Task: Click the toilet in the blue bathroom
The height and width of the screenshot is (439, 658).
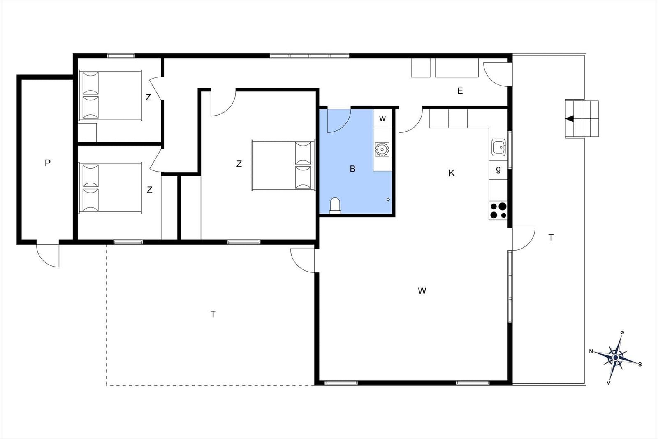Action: [x=336, y=205]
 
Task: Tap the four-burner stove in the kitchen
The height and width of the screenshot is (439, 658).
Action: [x=498, y=210]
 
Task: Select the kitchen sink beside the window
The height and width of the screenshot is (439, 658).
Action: [x=498, y=147]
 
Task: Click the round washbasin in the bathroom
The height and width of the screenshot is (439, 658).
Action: [x=382, y=149]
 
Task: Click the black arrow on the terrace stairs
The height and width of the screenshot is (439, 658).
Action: [x=570, y=119]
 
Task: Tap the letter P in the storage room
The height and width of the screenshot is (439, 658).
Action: [x=47, y=163]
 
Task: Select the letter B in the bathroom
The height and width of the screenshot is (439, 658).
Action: [x=352, y=169]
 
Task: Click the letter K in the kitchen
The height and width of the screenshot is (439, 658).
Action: [x=452, y=173]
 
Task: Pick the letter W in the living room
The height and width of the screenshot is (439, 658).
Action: [x=422, y=291]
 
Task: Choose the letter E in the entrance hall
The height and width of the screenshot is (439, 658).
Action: [x=460, y=91]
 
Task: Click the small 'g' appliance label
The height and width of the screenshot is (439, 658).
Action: [x=498, y=169]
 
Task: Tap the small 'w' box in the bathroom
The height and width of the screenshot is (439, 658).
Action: [x=382, y=119]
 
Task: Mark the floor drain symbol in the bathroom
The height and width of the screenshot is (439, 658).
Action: [x=388, y=200]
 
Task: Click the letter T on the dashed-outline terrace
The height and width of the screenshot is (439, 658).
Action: [x=213, y=314]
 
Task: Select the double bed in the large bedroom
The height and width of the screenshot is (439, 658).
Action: [x=283, y=165]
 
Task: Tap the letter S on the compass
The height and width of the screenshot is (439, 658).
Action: [x=640, y=364]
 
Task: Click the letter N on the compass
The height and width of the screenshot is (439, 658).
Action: [x=591, y=351]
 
